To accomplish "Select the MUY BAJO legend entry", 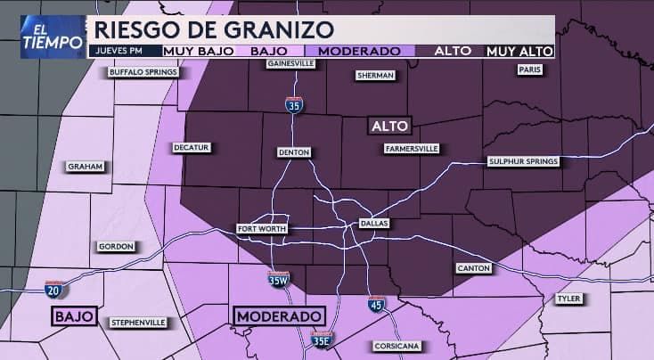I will tap(201, 52).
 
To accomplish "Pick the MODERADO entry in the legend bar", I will tap(358, 52).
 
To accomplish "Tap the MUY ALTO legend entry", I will tap(519, 52).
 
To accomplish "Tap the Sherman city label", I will tap(375, 76).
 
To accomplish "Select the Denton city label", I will tap(294, 152).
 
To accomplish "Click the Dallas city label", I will tap(374, 223).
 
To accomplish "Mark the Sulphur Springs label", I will tap(523, 161).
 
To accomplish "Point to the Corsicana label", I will tap(397, 346).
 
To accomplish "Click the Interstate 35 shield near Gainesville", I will tap(294, 104).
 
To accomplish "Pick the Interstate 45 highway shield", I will tap(377, 304).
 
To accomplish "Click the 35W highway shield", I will tap(279, 280).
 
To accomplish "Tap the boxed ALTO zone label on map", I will tap(390, 127).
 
